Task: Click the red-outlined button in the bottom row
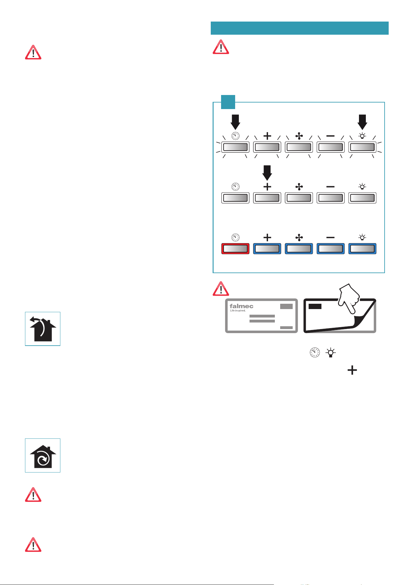pos(235,248)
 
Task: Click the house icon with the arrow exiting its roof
pos(43,329)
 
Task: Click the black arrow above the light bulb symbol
pos(362,122)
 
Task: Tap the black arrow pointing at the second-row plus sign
pos(267,173)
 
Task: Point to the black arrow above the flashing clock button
pos(235,122)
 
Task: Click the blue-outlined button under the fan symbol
pos(299,248)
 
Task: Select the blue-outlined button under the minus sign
pos(331,248)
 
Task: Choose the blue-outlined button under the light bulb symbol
pos(362,248)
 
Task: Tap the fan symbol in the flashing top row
pos(299,136)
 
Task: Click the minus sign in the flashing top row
pos(331,136)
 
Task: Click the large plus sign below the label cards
pos(352,370)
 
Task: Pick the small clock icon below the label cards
pos(315,353)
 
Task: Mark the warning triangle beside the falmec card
pos(221,289)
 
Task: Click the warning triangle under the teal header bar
pos(221,47)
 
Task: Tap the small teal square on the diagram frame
pos(228,102)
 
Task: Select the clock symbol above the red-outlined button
pos(235,237)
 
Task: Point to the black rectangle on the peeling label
pos(315,306)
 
